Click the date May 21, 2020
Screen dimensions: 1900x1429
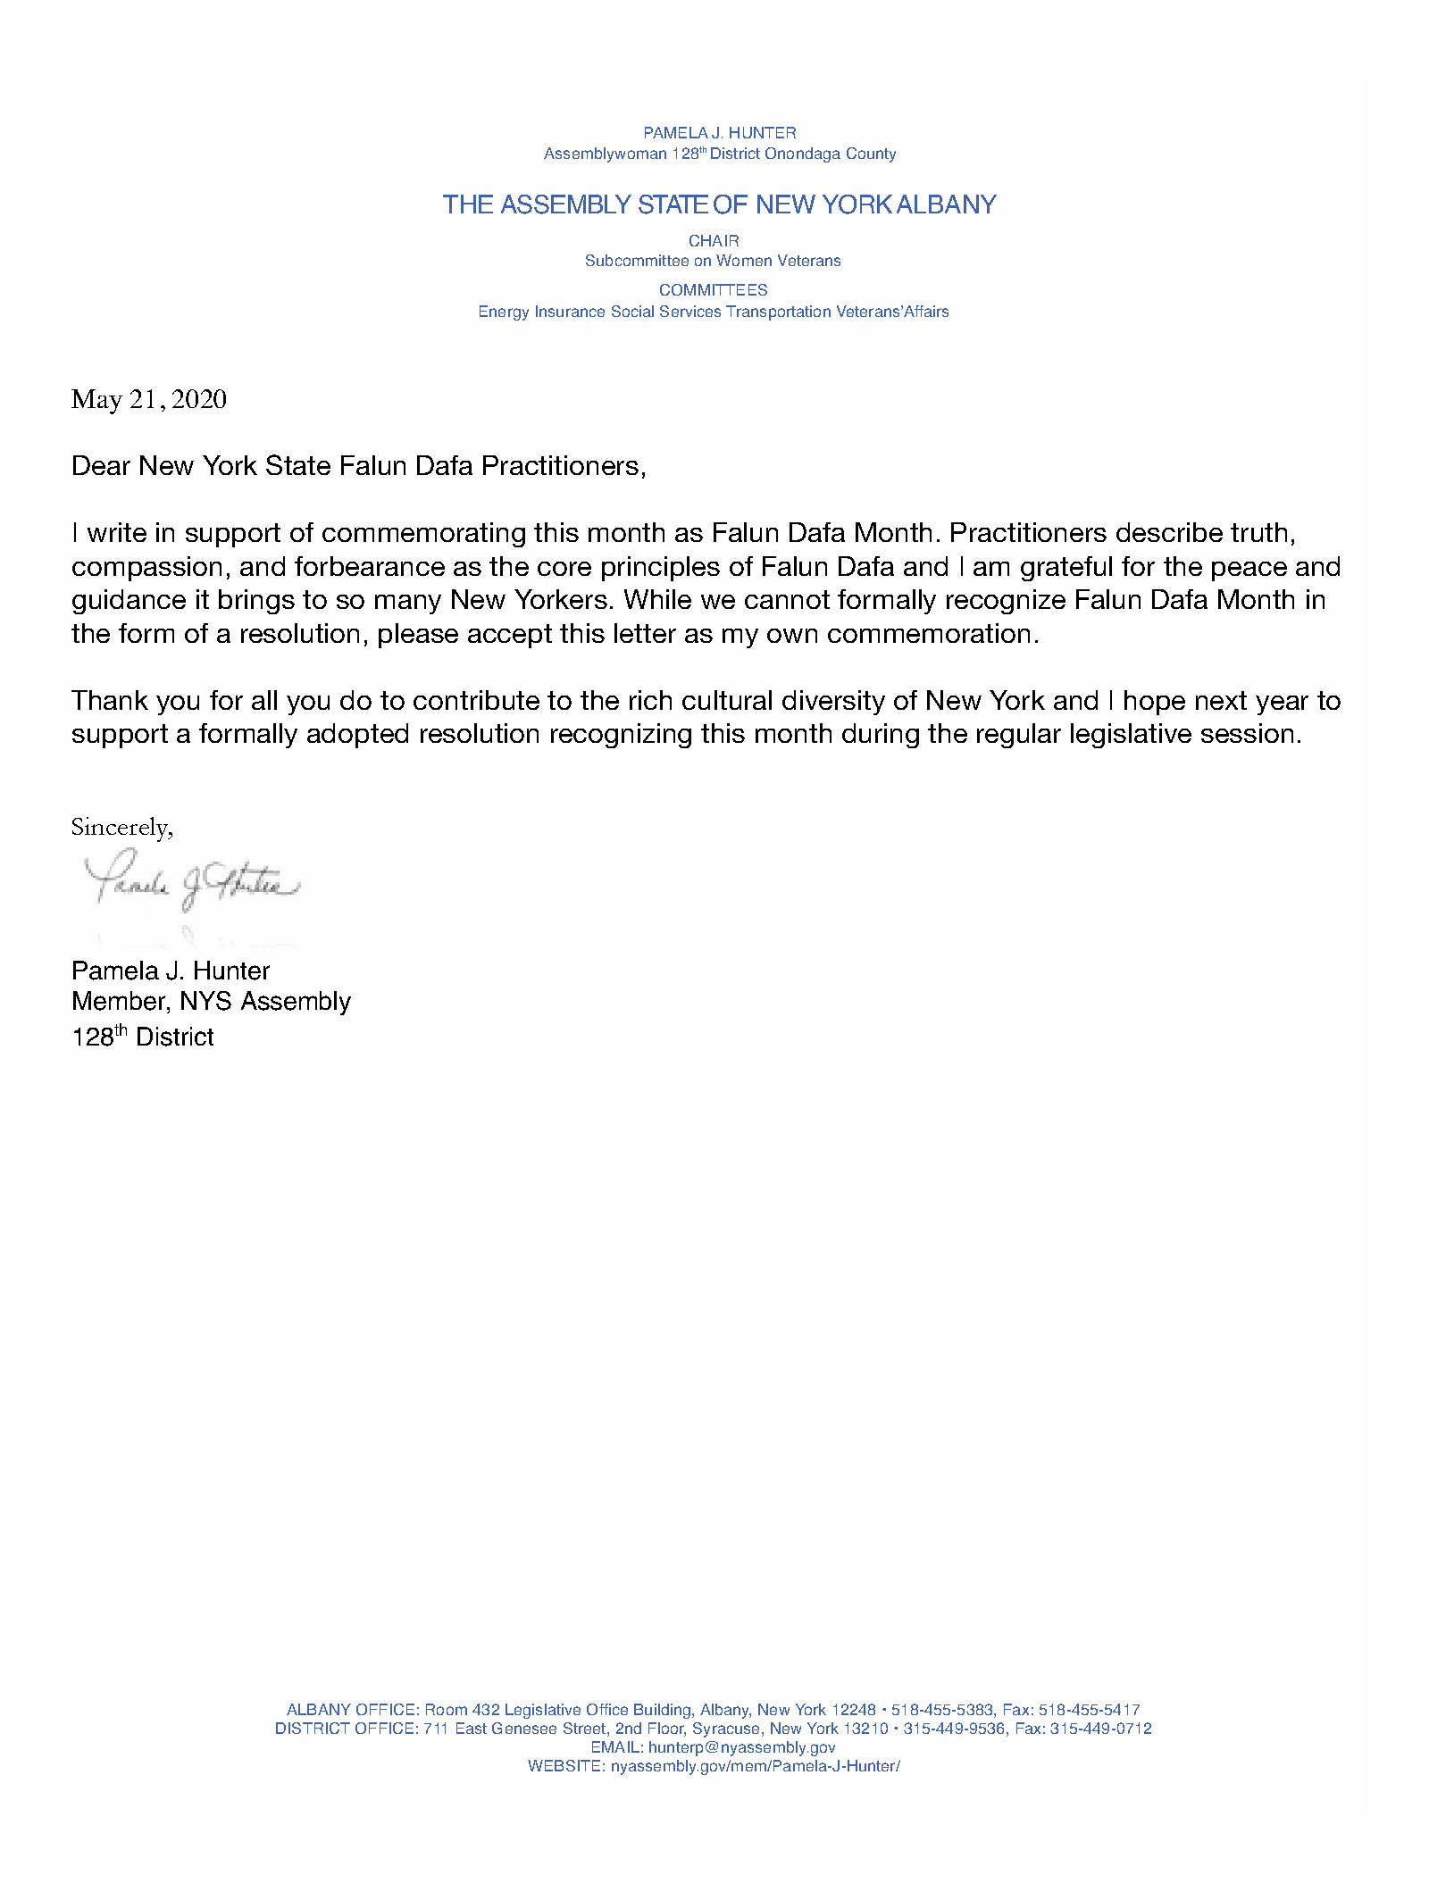pos(148,399)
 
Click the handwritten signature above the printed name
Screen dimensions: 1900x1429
pos(191,882)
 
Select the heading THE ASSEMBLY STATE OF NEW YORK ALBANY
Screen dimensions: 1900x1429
pos(719,204)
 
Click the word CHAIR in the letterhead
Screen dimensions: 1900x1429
pos(714,241)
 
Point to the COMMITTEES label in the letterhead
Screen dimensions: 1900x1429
pos(713,290)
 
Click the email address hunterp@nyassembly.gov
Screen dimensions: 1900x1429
pos(741,1747)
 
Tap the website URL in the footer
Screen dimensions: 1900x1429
pos(755,1766)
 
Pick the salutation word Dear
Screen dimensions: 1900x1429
pos(101,466)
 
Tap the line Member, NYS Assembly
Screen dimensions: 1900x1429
pos(211,1002)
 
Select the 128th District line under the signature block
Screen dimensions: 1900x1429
pos(143,1037)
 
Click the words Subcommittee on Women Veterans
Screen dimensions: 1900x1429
pos(713,261)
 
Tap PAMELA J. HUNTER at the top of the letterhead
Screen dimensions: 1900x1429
pos(719,133)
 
